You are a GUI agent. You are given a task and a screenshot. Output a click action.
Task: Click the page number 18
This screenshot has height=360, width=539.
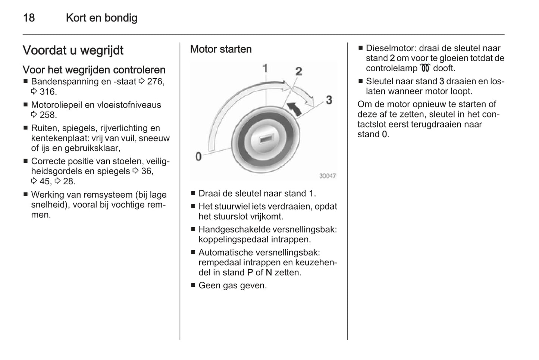tap(29, 18)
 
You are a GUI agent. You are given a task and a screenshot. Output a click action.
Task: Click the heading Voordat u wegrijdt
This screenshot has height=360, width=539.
tap(73, 50)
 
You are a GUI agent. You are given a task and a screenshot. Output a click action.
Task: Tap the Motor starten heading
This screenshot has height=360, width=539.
tap(221, 49)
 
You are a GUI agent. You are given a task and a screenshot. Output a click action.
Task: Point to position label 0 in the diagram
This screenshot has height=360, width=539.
tap(198, 157)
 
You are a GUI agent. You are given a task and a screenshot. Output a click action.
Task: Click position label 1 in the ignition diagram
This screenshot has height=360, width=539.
tap(265, 68)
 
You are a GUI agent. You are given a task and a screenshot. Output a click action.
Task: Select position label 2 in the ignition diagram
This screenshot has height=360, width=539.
tap(298, 71)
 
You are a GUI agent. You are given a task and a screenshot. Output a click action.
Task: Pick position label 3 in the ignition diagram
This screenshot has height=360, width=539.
tap(329, 100)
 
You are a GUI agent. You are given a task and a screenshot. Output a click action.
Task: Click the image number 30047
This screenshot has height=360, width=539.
tap(327, 176)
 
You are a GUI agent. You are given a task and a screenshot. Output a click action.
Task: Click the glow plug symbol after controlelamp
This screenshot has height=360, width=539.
tap(425, 68)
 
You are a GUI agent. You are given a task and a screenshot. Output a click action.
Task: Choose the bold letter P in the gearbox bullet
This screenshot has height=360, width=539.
tap(250, 273)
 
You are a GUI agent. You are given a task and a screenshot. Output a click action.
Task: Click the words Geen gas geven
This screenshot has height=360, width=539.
tap(232, 286)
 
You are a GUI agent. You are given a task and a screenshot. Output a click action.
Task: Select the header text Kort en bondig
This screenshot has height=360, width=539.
tap(101, 18)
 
